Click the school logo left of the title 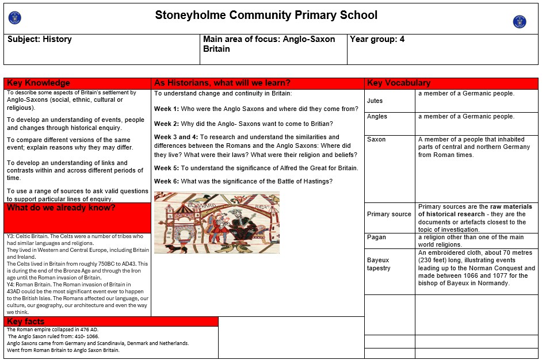(x=15, y=18)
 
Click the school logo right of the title (x=520, y=22)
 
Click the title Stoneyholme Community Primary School (x=266, y=16)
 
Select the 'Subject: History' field (x=40, y=40)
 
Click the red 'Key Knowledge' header (x=39, y=83)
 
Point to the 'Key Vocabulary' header (x=399, y=83)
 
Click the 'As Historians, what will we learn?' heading (x=222, y=83)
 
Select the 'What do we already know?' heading (x=61, y=208)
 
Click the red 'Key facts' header (x=26, y=321)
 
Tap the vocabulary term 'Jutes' (x=375, y=101)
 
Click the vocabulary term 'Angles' (x=377, y=117)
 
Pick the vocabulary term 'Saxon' (x=376, y=140)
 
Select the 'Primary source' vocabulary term (x=389, y=215)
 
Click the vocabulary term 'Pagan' (x=376, y=238)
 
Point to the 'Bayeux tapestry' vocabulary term (x=379, y=264)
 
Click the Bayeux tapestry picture (x=217, y=223)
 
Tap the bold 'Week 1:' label (x=166, y=109)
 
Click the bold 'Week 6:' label (x=166, y=182)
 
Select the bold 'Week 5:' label (x=166, y=168)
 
